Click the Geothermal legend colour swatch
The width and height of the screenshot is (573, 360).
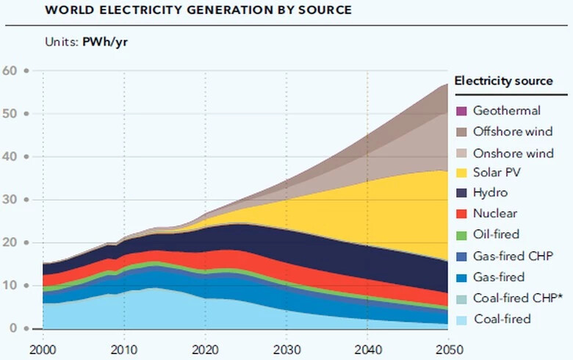(x=461, y=112)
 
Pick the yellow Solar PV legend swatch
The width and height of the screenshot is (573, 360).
(x=461, y=173)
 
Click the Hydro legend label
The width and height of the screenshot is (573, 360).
(x=490, y=193)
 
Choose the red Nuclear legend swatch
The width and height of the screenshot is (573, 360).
(x=461, y=214)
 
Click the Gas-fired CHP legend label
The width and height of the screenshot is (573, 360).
(x=512, y=256)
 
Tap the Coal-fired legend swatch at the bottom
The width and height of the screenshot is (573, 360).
(x=461, y=318)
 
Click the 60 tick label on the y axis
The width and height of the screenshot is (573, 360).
(x=10, y=71)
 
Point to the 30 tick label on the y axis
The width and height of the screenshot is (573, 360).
(x=10, y=200)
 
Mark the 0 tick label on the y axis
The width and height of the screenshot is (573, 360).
(x=12, y=328)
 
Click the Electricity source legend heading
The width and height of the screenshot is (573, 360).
(x=504, y=81)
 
